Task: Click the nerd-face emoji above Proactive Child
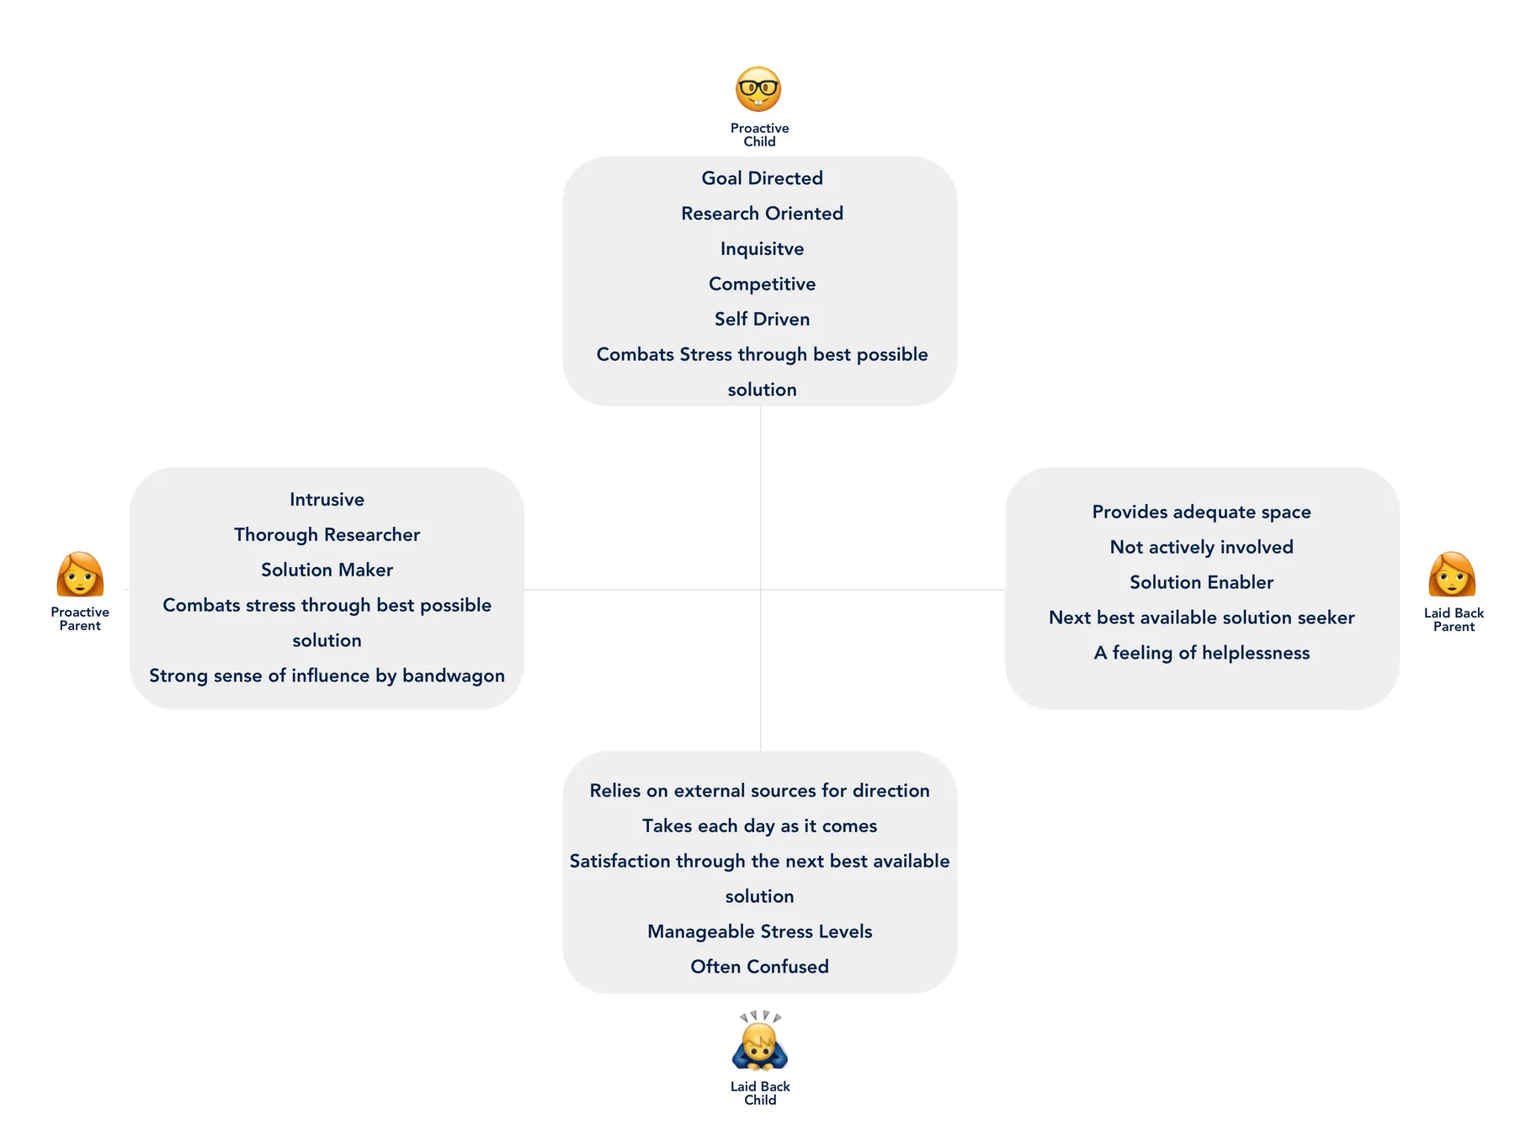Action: pos(758,89)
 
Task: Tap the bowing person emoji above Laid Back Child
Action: pos(760,1041)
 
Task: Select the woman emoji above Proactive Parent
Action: pos(80,574)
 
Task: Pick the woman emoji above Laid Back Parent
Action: pos(1453,574)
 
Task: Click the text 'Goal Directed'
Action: pos(763,178)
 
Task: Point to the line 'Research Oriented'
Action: pos(763,214)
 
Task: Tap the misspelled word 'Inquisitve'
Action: pos(763,249)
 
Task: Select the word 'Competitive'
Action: pos(763,284)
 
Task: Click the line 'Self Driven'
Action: pos(763,320)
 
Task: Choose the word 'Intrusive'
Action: pos(327,500)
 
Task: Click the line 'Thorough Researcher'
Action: pos(327,535)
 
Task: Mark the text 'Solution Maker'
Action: pos(327,570)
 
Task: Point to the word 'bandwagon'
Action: pos(454,676)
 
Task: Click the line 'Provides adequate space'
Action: pos(1202,512)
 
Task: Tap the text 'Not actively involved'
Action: pos(1202,548)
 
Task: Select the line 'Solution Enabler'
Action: pos(1202,582)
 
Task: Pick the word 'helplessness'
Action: pos(1256,653)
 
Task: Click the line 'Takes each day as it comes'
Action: pos(760,826)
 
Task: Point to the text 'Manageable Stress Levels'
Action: pos(760,932)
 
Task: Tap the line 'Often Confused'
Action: pos(760,967)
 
